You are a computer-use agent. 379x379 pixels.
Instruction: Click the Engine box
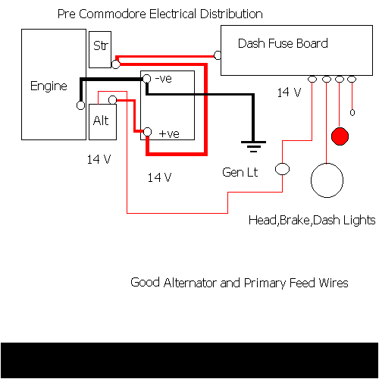point(49,85)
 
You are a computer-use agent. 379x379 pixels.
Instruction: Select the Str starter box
point(100,46)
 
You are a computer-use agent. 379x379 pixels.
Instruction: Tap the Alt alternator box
point(101,121)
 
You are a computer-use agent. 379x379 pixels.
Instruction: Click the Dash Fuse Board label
point(283,43)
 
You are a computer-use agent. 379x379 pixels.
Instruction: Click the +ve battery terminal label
point(168,133)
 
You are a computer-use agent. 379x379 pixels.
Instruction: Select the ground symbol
point(252,144)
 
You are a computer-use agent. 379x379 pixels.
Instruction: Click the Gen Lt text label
point(240,172)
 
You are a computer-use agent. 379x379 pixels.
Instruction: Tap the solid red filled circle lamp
point(340,136)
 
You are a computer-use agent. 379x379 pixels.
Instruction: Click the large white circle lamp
point(327,183)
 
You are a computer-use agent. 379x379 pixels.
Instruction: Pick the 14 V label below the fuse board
point(288,92)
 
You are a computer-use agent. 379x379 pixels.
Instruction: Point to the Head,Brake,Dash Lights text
point(312,220)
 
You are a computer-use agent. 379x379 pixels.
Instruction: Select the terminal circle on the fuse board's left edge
point(218,55)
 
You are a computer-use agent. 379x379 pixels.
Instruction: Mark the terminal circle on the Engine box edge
point(79,106)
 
